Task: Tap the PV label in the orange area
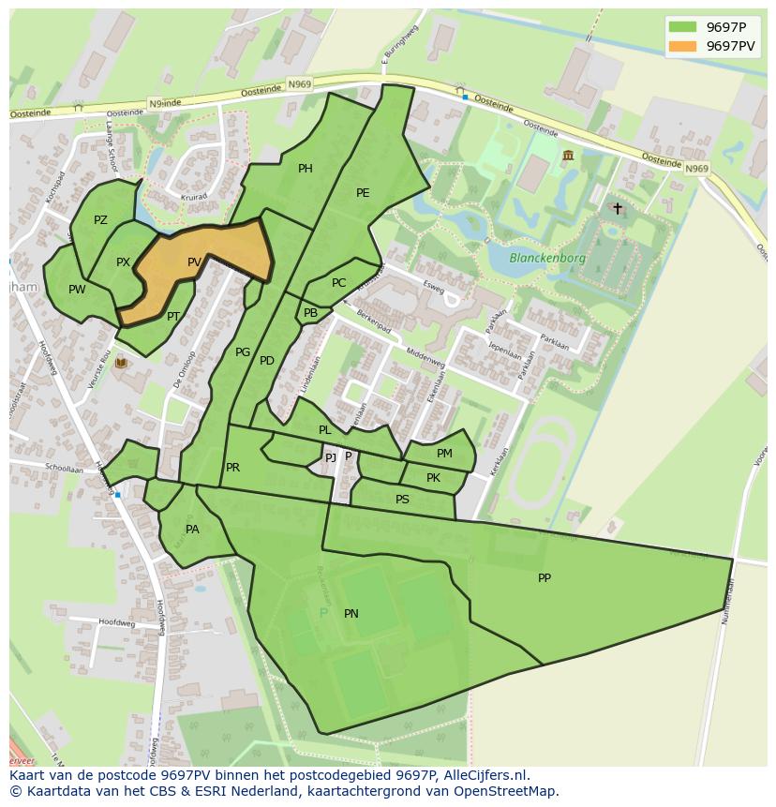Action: pyautogui.click(x=194, y=262)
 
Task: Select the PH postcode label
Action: pyautogui.click(x=305, y=169)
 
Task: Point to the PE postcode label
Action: pyautogui.click(x=363, y=193)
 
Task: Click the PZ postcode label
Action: pyautogui.click(x=100, y=220)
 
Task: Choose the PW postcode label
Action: pyautogui.click(x=77, y=290)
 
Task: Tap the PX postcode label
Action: pyautogui.click(x=123, y=262)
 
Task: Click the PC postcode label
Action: pyautogui.click(x=338, y=283)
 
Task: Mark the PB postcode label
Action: pyautogui.click(x=310, y=313)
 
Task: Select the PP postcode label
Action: pyautogui.click(x=545, y=578)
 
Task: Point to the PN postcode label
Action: pyautogui.click(x=351, y=614)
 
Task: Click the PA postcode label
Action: pyautogui.click(x=192, y=530)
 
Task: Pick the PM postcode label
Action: pyautogui.click(x=444, y=454)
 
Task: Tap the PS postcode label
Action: pyautogui.click(x=402, y=500)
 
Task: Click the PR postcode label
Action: pyautogui.click(x=232, y=468)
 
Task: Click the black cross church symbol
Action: pyautogui.click(x=617, y=208)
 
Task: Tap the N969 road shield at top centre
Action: pyautogui.click(x=299, y=84)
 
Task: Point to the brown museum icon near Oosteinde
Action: pyautogui.click(x=568, y=155)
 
